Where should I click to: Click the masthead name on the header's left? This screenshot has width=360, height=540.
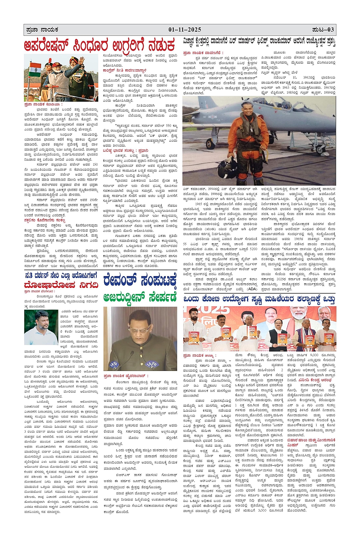click(40, 30)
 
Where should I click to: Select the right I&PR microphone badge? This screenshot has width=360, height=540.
click(166, 364)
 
